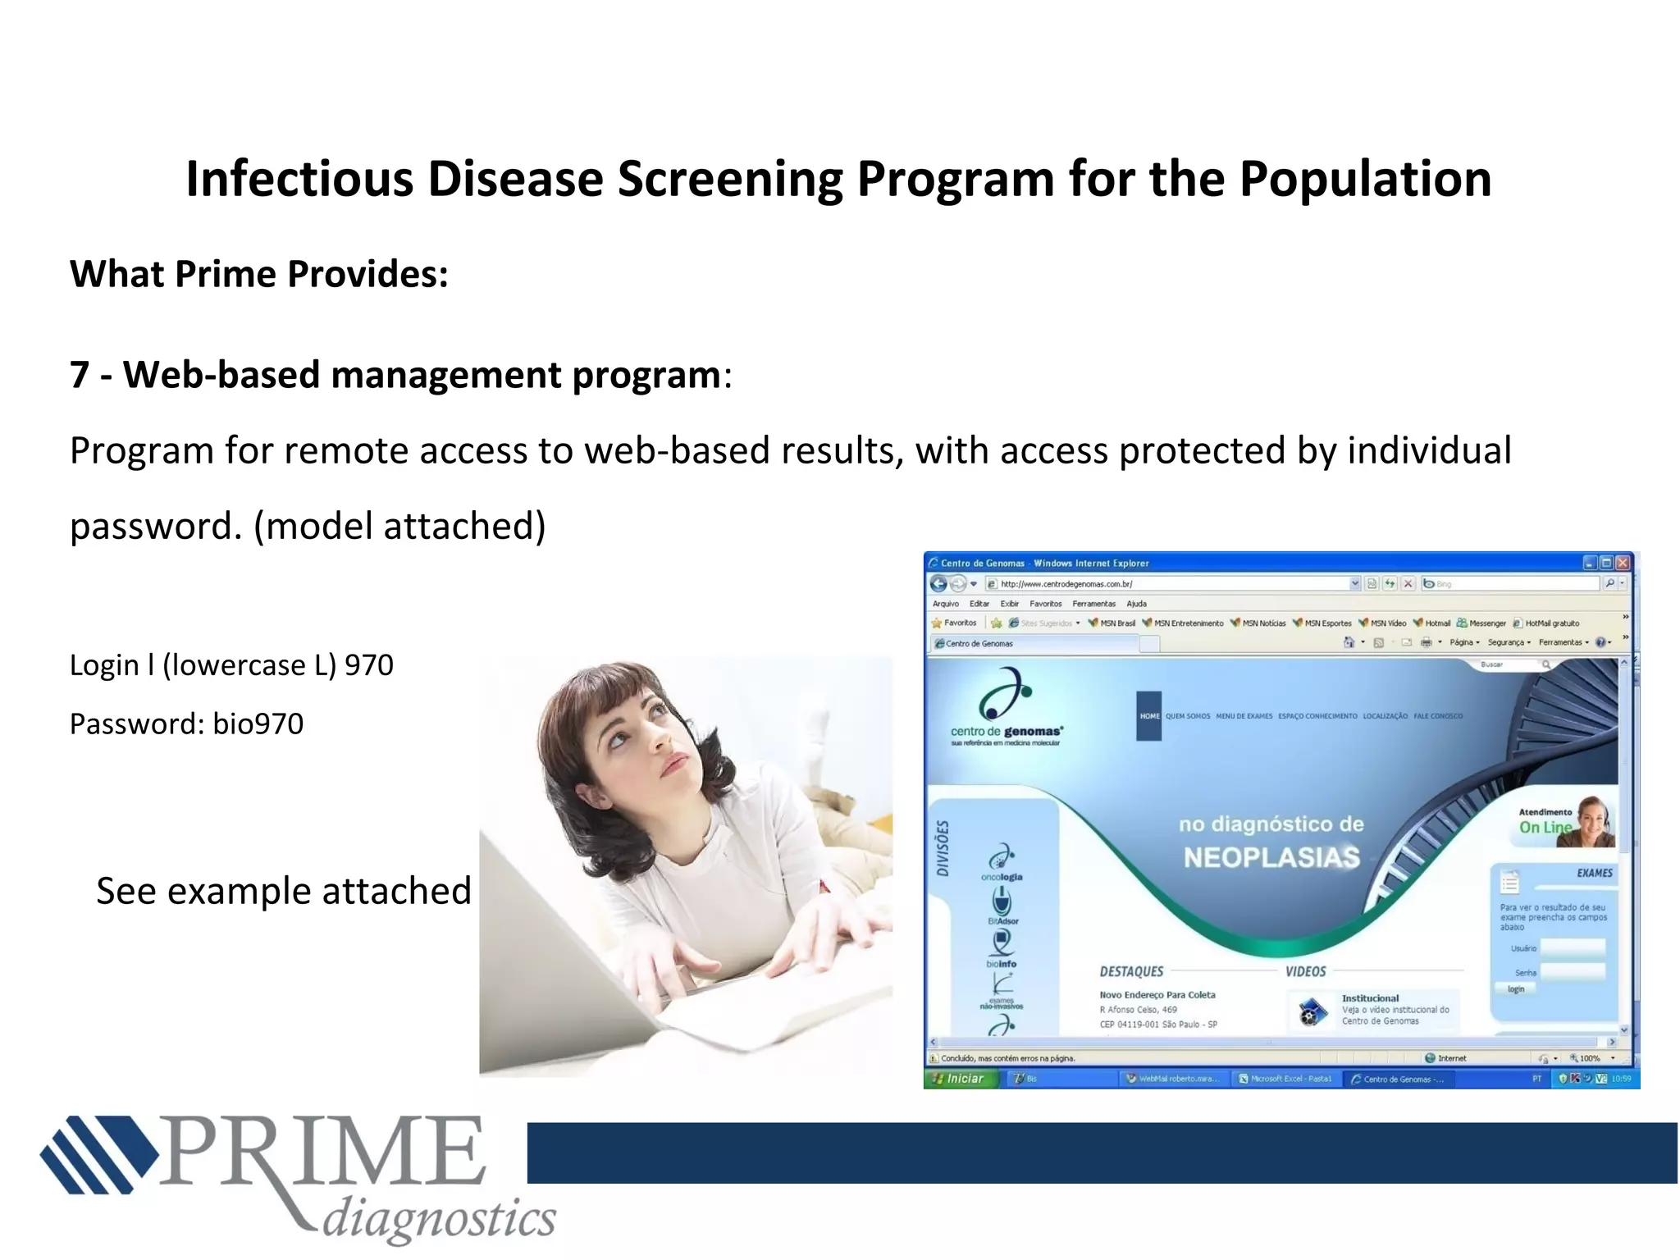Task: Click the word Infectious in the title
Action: (299, 179)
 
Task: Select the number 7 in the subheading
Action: (80, 375)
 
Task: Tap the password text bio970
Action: (258, 724)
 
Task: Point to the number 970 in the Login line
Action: (368, 664)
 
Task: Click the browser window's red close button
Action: (1622, 563)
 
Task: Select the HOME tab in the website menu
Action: (1149, 716)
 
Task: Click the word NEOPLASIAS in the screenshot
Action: (1271, 858)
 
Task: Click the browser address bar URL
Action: (1066, 584)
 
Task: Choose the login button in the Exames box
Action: (1515, 989)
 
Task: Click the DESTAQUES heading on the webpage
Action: (1131, 972)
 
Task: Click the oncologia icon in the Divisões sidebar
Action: (1002, 859)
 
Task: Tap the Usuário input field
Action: (1572, 948)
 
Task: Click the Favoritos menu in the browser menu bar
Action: (1045, 604)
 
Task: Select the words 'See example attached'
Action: (284, 891)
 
